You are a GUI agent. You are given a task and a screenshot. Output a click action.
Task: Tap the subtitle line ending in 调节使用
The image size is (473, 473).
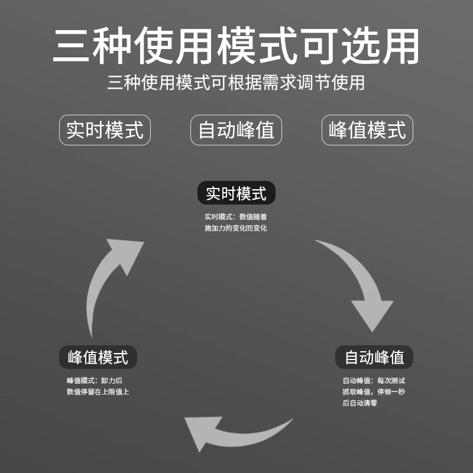click(x=237, y=82)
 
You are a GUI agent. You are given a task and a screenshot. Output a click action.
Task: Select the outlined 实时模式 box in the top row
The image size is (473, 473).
click(x=105, y=130)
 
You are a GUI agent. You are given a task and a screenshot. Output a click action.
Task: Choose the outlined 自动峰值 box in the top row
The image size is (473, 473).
click(x=236, y=130)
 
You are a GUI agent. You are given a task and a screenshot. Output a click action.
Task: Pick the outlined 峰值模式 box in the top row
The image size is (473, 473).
click(x=367, y=130)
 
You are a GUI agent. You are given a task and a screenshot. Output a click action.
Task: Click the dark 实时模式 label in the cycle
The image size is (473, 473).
click(x=236, y=193)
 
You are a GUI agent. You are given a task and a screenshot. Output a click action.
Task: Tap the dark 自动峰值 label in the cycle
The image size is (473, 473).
click(x=374, y=357)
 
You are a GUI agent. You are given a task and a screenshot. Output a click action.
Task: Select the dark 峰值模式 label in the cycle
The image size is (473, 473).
click(x=98, y=357)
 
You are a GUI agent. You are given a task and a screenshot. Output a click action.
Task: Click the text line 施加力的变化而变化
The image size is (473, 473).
click(x=236, y=228)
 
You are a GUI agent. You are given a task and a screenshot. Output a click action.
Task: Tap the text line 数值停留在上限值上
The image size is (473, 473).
click(x=98, y=391)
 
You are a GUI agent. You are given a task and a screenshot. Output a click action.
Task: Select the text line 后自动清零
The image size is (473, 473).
click(x=359, y=403)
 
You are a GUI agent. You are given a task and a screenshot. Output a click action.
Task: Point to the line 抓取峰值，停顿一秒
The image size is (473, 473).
click(x=374, y=391)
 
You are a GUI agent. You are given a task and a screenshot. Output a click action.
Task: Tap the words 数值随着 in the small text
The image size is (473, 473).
click(x=253, y=216)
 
